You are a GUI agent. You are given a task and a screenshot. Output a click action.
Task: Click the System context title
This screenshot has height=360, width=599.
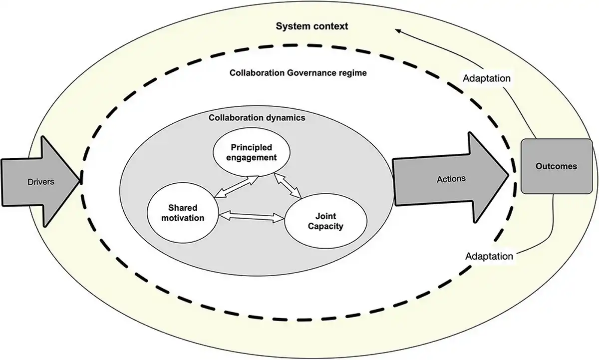pyautogui.click(x=312, y=26)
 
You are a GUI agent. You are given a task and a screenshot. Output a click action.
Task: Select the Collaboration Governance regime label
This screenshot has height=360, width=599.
pyautogui.click(x=298, y=73)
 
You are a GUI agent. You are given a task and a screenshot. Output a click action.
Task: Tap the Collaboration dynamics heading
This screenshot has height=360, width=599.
pyautogui.click(x=257, y=118)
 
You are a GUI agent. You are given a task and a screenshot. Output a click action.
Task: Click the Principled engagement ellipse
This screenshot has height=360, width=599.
pyautogui.click(x=251, y=152)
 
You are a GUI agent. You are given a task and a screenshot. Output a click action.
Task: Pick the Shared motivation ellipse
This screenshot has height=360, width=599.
pyautogui.click(x=183, y=213)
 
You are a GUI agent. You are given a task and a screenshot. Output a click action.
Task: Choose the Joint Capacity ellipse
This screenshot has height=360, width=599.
pyautogui.click(x=325, y=221)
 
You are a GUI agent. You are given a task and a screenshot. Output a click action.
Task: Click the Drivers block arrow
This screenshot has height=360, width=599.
pyautogui.click(x=40, y=182)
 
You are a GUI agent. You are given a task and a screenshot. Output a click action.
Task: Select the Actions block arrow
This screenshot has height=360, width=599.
pyautogui.click(x=449, y=179)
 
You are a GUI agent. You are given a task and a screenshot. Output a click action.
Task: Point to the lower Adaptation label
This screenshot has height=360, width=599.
pyautogui.click(x=489, y=256)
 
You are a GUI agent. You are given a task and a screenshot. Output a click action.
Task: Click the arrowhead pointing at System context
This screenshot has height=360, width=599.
pyautogui.click(x=399, y=31)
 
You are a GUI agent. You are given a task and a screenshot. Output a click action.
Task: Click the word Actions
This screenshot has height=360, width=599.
pyautogui.click(x=451, y=179)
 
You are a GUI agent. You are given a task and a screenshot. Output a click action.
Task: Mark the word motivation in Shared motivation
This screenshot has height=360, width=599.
pyautogui.click(x=183, y=218)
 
